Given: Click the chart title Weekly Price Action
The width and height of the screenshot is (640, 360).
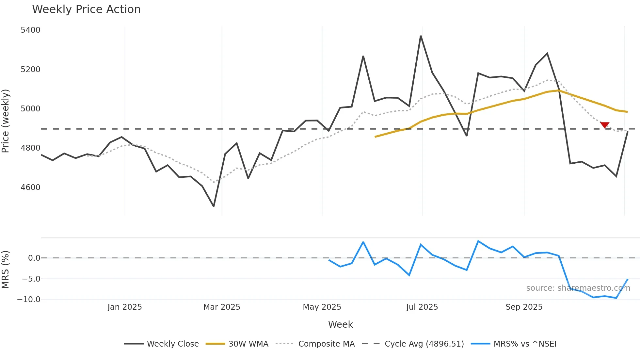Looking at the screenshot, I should [x=86, y=9].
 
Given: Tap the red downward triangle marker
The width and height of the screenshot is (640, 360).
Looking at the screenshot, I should [x=605, y=125].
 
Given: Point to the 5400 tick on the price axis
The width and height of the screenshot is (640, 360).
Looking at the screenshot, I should [x=30, y=30].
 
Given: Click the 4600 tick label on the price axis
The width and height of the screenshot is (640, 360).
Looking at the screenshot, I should [x=30, y=188].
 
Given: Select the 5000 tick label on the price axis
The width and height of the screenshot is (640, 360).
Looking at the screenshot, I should [x=30, y=109].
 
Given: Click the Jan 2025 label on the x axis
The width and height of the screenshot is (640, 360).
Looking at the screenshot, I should [x=124, y=307].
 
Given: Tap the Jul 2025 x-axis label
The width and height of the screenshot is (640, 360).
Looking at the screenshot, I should [x=422, y=307].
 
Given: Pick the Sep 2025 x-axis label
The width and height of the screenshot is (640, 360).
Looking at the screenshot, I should [x=524, y=307].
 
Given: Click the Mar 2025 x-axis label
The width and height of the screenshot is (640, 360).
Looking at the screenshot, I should [x=222, y=307].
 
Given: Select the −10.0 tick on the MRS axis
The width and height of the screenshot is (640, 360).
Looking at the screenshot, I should [x=29, y=300].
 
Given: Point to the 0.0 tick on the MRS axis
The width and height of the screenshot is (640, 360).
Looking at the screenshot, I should [x=34, y=258].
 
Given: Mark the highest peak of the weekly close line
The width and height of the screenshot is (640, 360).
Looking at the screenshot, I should [x=421, y=36].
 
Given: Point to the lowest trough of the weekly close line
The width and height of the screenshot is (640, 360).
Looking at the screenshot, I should [x=214, y=206].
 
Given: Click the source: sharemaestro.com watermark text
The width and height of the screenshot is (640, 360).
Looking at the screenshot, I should [x=578, y=288].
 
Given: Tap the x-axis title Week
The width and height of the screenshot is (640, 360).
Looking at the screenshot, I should [x=340, y=324].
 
